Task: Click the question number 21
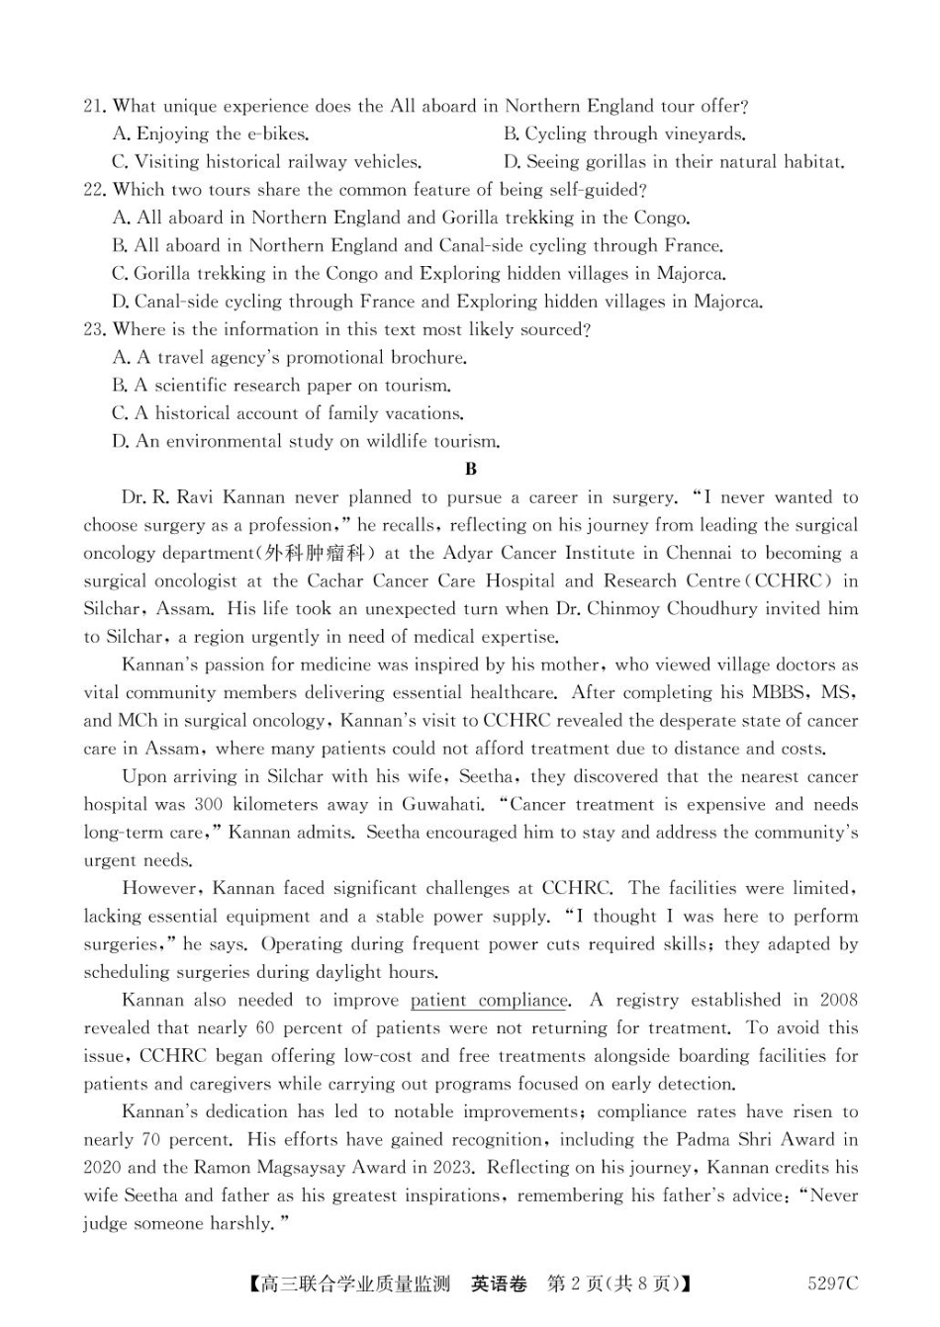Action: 94,107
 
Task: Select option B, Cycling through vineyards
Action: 624,134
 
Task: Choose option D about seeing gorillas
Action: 674,162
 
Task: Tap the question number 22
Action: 94,190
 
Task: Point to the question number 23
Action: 94,330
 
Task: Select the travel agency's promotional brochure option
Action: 290,358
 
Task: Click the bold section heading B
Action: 471,470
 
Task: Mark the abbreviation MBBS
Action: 785,693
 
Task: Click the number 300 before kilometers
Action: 208,805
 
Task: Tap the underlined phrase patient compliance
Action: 490,1001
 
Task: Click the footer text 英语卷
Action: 499,1284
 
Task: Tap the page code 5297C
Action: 832,1284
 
